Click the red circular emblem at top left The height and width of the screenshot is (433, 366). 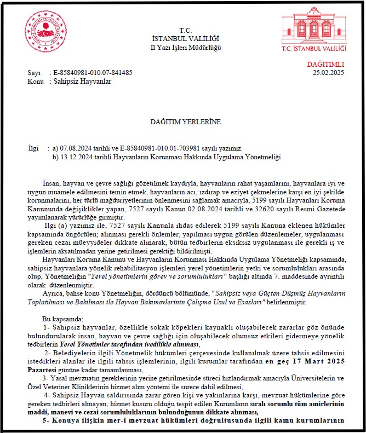point(45,32)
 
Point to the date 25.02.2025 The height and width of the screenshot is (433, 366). point(328,72)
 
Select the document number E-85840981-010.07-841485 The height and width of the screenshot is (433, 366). point(92,72)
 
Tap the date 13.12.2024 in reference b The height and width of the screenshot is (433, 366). point(75,158)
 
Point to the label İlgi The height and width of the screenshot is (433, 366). point(34,149)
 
